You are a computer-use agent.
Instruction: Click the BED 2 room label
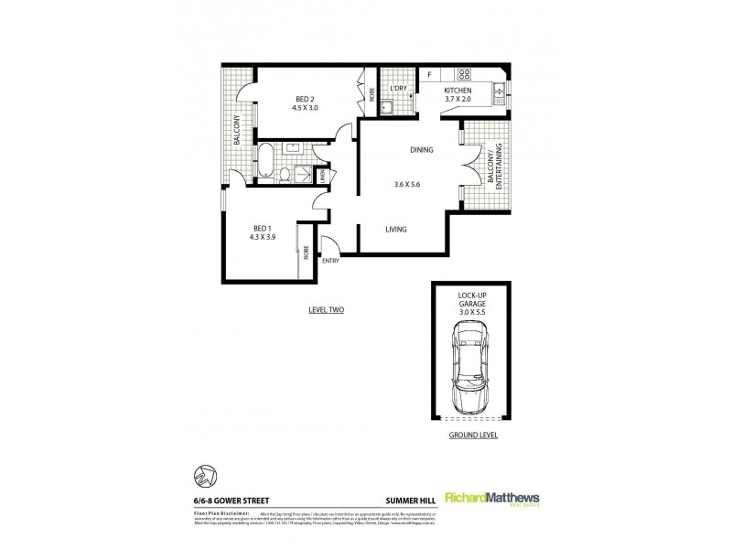pyautogui.click(x=305, y=100)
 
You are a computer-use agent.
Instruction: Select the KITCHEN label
pyautogui.click(x=457, y=91)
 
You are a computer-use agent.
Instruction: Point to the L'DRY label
pyautogui.click(x=397, y=89)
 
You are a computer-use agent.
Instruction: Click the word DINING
pyautogui.click(x=421, y=150)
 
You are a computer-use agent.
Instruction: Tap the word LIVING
pyautogui.click(x=395, y=230)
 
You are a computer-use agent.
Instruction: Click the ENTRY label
pyautogui.click(x=330, y=261)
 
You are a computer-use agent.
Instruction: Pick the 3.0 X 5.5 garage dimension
pyautogui.click(x=472, y=313)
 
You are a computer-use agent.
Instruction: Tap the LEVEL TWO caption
pyautogui.click(x=327, y=311)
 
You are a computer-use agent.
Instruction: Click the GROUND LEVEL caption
pyautogui.click(x=472, y=436)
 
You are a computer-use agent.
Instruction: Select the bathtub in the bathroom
pyautogui.click(x=264, y=161)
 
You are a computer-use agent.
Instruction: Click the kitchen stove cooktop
pyautogui.click(x=464, y=74)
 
